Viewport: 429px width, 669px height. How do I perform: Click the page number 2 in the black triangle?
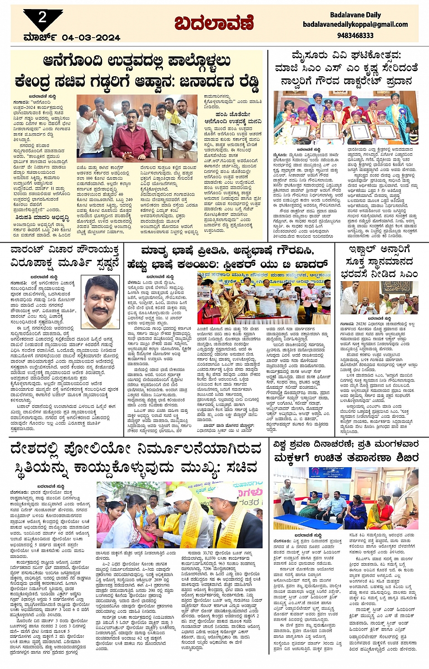tap(42, 18)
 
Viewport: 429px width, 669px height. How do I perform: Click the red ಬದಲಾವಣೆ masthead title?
tap(214, 23)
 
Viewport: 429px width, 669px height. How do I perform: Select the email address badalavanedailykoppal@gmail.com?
tap(355, 24)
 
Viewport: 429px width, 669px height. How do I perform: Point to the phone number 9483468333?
tap(355, 35)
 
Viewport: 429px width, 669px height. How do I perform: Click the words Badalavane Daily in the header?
tap(355, 15)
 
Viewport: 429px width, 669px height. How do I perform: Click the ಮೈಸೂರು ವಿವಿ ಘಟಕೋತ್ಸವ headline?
tap(346, 68)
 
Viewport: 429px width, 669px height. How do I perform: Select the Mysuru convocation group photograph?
tap(346, 118)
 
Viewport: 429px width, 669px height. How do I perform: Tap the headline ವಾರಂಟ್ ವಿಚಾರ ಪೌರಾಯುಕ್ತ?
tap(65, 256)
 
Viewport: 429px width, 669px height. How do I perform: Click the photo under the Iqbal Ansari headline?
tap(380, 298)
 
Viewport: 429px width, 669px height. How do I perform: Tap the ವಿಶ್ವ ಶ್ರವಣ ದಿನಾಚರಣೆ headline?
tap(346, 451)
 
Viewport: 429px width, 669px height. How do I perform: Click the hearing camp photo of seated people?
tap(346, 499)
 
